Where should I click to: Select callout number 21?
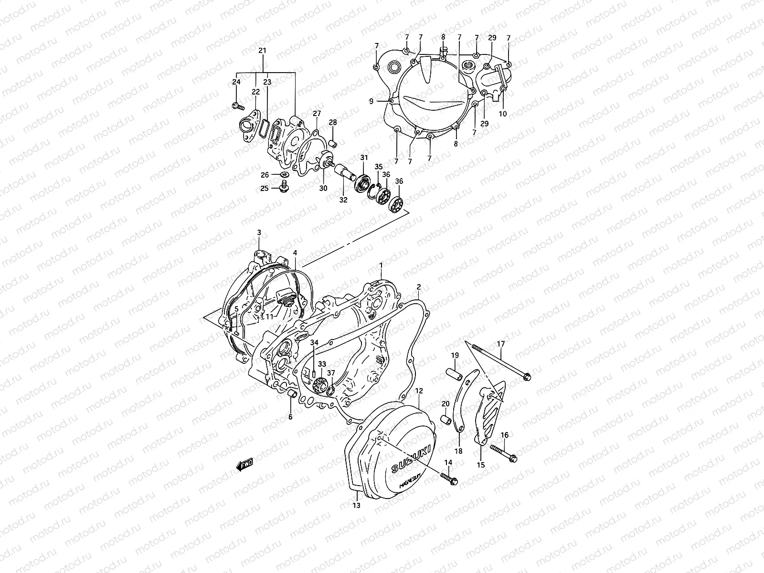click(x=262, y=51)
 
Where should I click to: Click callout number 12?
click(x=419, y=391)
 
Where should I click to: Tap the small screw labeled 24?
click(x=235, y=105)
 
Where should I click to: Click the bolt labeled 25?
click(x=284, y=190)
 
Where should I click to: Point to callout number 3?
click(x=259, y=233)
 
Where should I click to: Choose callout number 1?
click(x=381, y=265)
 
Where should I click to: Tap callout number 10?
click(x=503, y=114)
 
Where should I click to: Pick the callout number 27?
click(x=316, y=114)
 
